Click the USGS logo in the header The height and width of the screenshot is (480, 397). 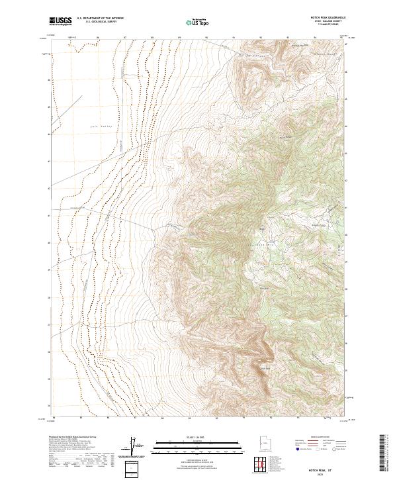[x=61, y=21]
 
